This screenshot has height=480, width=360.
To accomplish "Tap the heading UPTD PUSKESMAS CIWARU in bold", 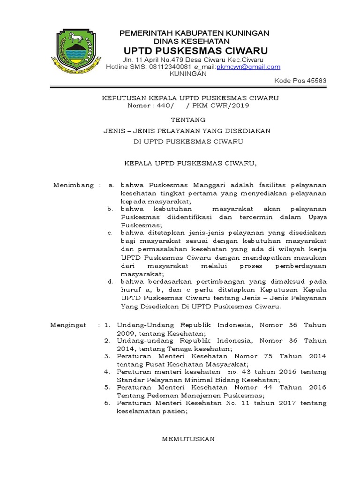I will [x=195, y=51].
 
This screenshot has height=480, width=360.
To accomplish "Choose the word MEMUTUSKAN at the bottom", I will [x=188, y=439].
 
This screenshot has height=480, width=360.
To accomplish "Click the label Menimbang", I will [x=74, y=185].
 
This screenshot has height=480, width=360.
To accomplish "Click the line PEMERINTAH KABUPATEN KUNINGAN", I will [x=195, y=33].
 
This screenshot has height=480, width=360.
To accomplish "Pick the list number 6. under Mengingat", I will [x=107, y=403].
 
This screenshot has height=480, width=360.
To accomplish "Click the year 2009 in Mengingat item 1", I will [x=125, y=333].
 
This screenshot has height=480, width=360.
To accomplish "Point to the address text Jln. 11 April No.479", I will [x=153, y=60].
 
